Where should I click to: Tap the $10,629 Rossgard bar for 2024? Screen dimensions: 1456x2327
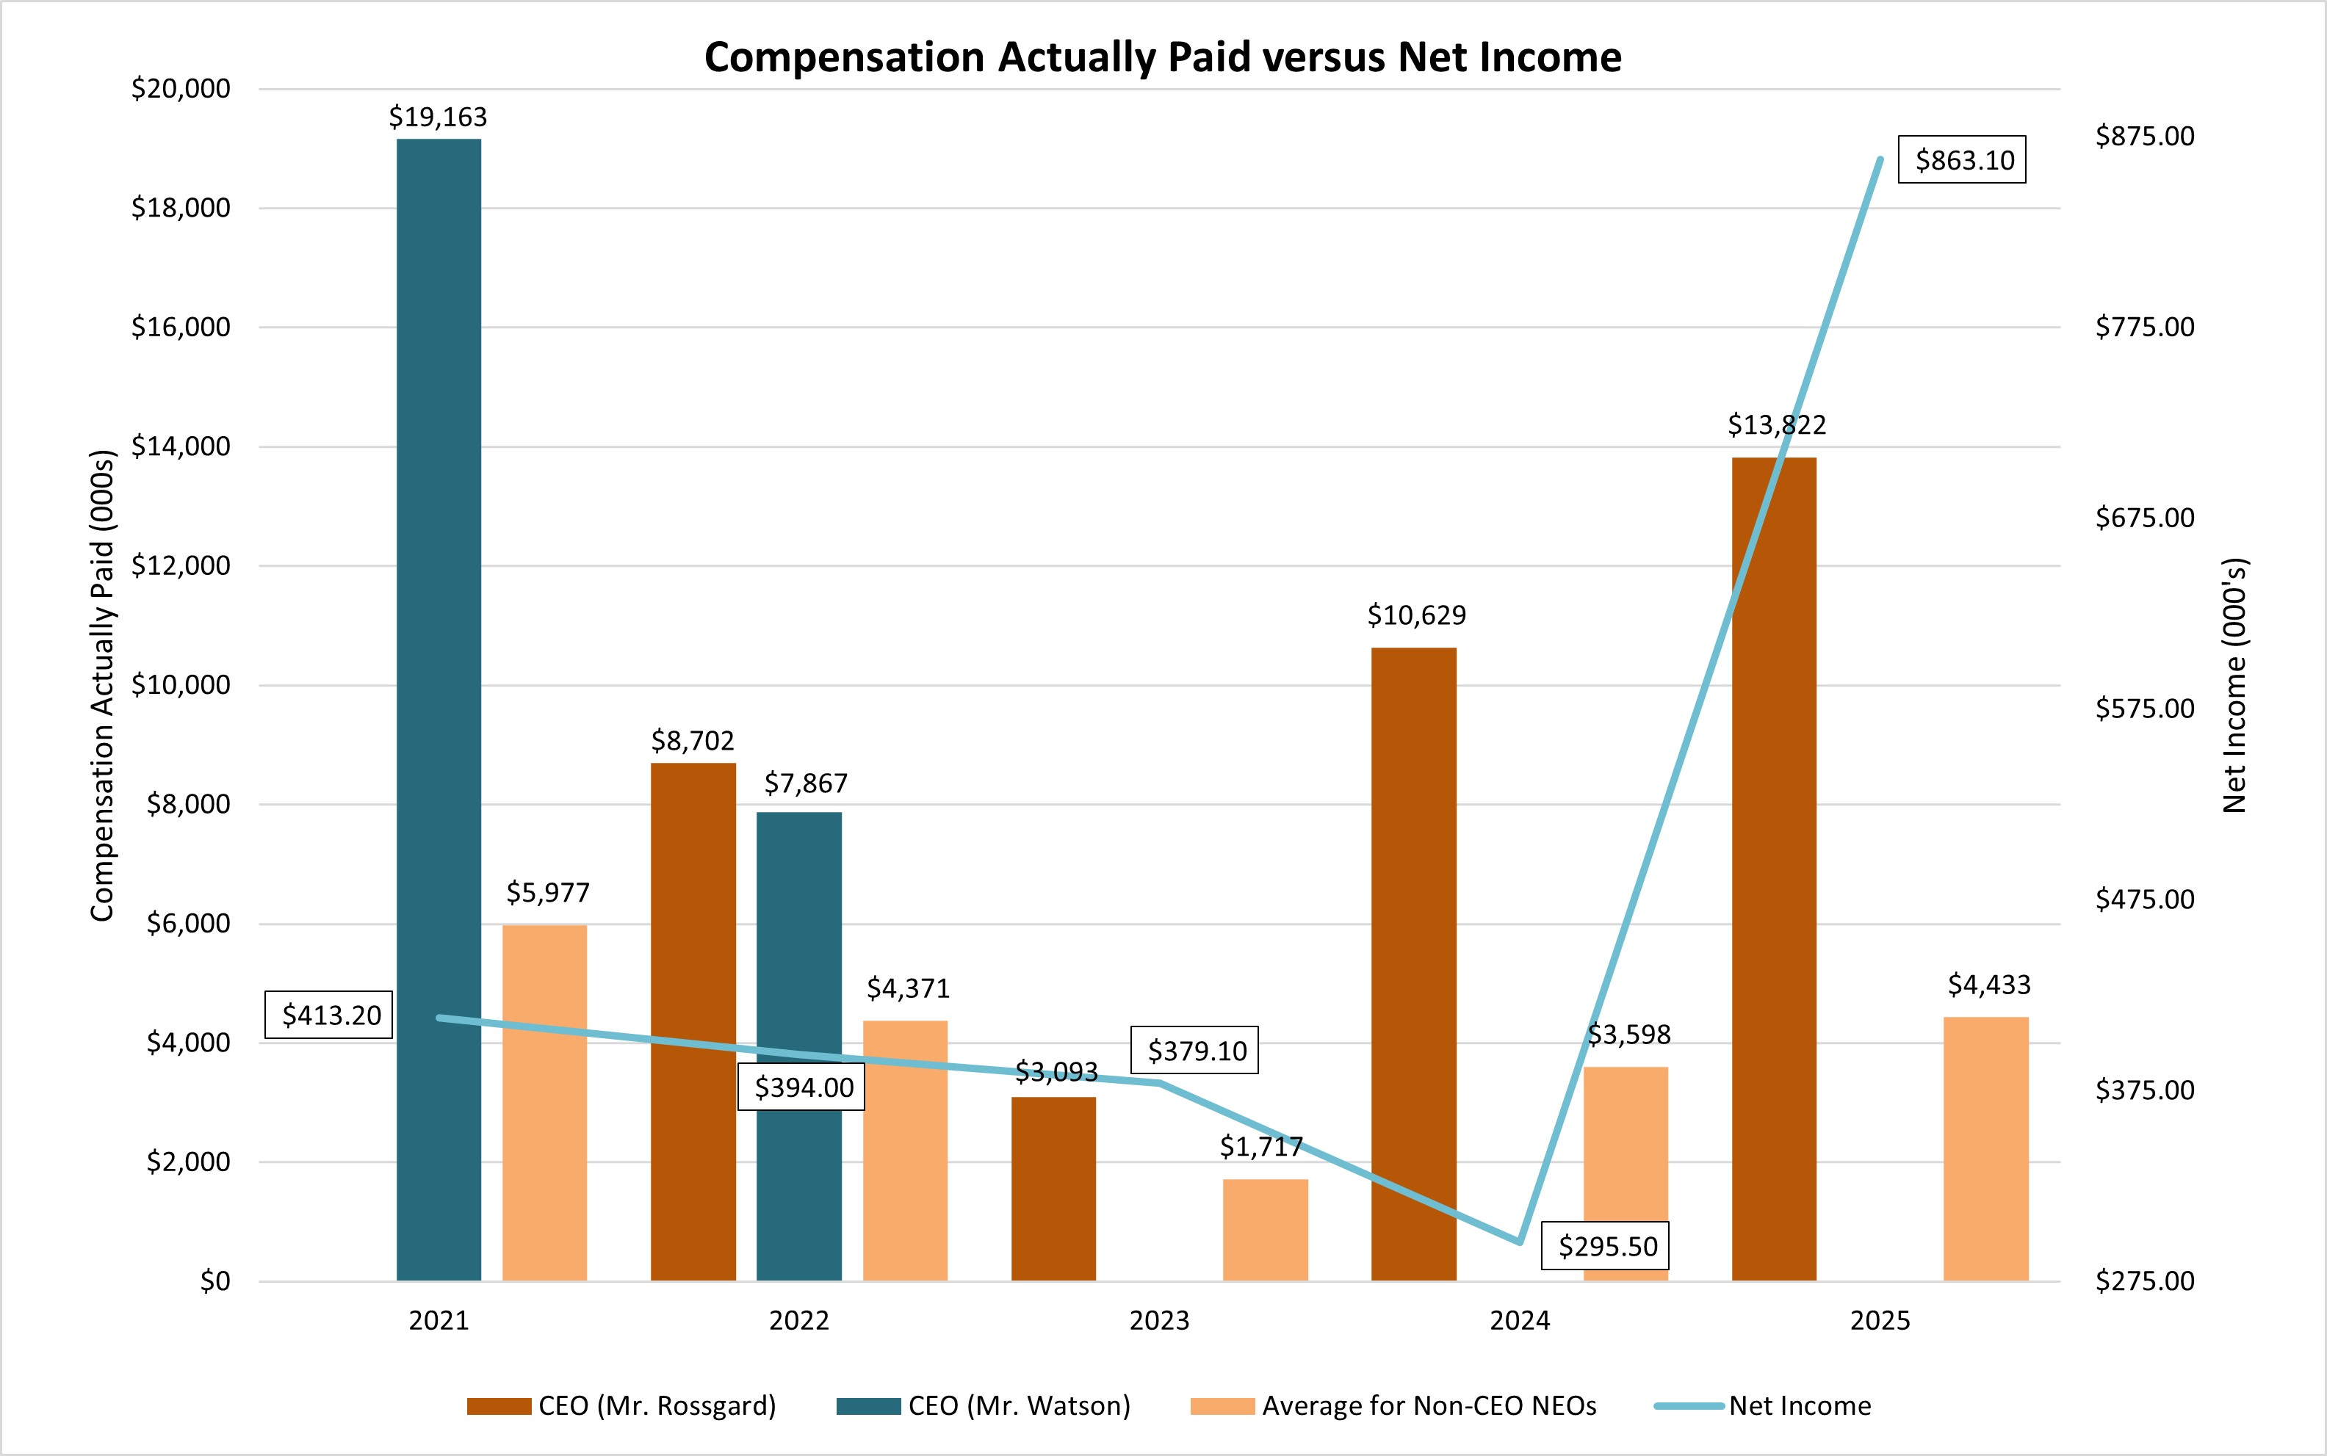[x=1413, y=963]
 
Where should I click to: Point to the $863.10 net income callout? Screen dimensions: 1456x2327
[x=1962, y=160]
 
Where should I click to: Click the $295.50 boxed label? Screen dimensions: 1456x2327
[x=1606, y=1246]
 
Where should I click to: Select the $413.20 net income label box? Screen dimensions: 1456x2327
[x=329, y=1015]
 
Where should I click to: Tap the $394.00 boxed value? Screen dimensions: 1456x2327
[x=802, y=1087]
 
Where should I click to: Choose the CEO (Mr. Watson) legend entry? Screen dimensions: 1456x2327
[x=984, y=1406]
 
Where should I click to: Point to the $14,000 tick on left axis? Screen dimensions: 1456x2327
[x=181, y=446]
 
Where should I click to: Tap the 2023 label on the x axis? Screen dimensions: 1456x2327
[x=1158, y=1320]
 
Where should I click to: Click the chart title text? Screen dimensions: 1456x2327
[x=1163, y=58]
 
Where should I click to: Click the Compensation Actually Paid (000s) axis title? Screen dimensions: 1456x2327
[x=102, y=686]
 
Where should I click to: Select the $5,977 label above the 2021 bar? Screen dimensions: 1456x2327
[x=547, y=893]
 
